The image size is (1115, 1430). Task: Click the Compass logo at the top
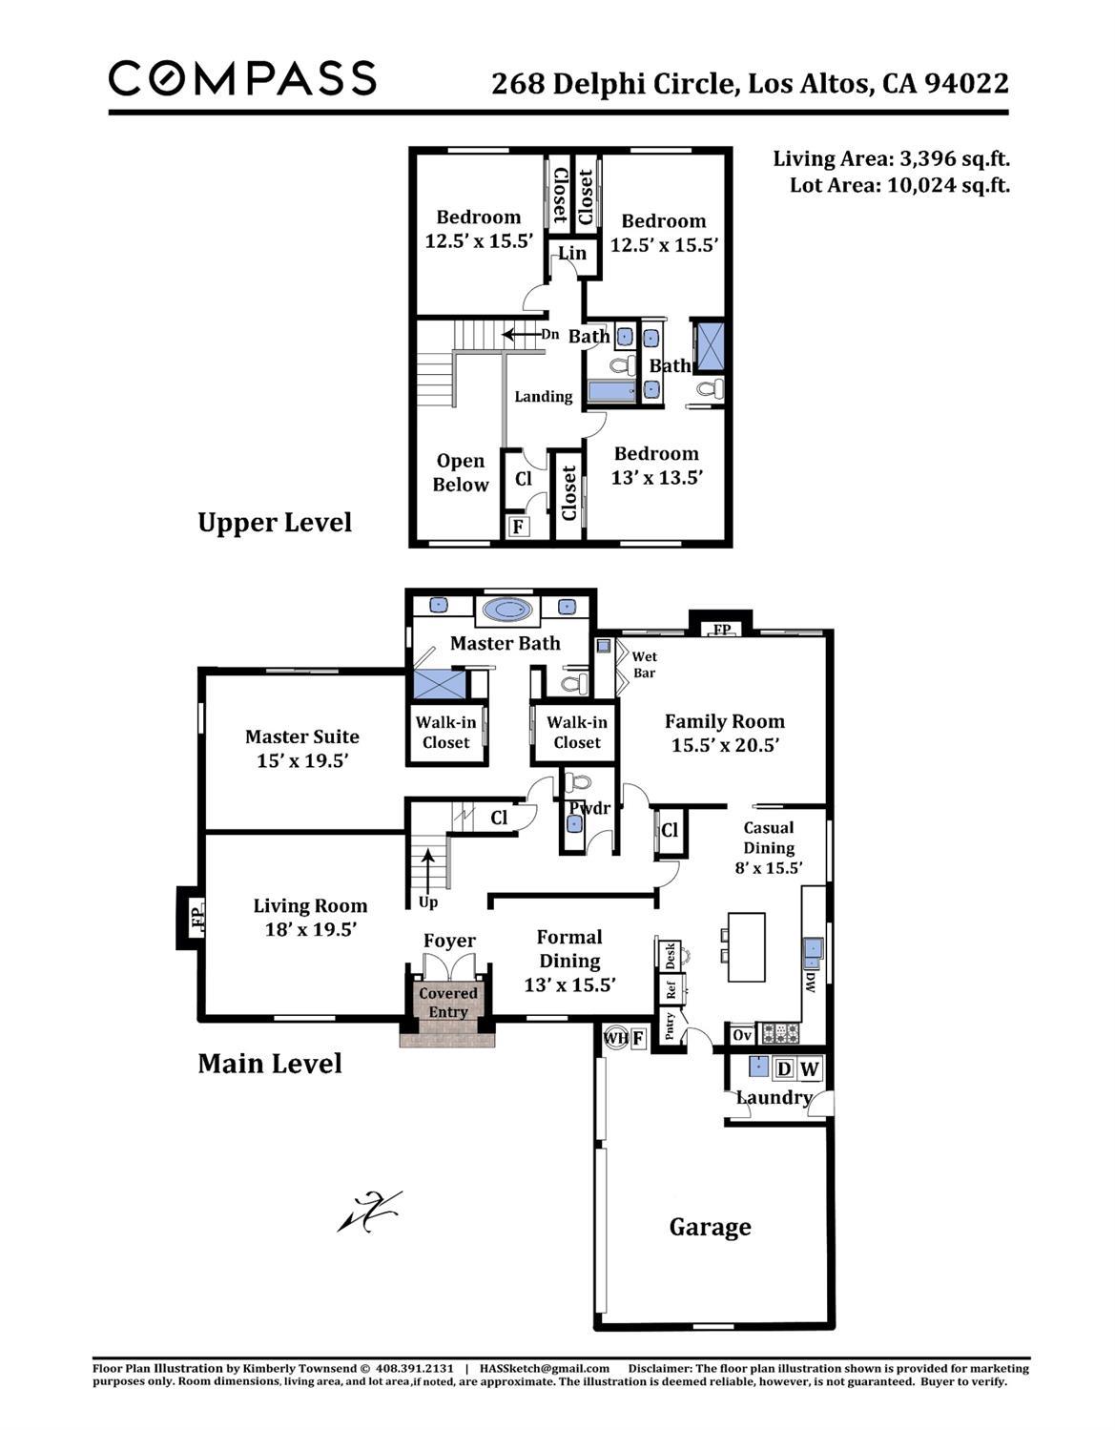click(242, 78)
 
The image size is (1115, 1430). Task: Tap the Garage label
click(710, 1227)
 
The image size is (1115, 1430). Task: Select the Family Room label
click(725, 722)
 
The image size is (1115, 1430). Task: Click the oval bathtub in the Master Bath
click(509, 609)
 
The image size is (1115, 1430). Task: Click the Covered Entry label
click(448, 1003)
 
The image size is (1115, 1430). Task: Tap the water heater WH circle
click(615, 1037)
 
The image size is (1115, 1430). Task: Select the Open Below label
click(461, 473)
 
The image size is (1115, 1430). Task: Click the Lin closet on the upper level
click(572, 254)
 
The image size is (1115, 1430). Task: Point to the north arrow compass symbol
click(370, 1212)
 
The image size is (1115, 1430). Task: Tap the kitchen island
click(747, 947)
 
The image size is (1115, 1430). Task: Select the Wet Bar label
click(645, 665)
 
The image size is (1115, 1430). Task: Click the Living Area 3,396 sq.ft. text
click(891, 159)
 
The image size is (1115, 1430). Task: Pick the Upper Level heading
click(275, 523)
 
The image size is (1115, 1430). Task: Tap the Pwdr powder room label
click(589, 808)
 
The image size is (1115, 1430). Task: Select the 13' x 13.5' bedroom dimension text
click(656, 478)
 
